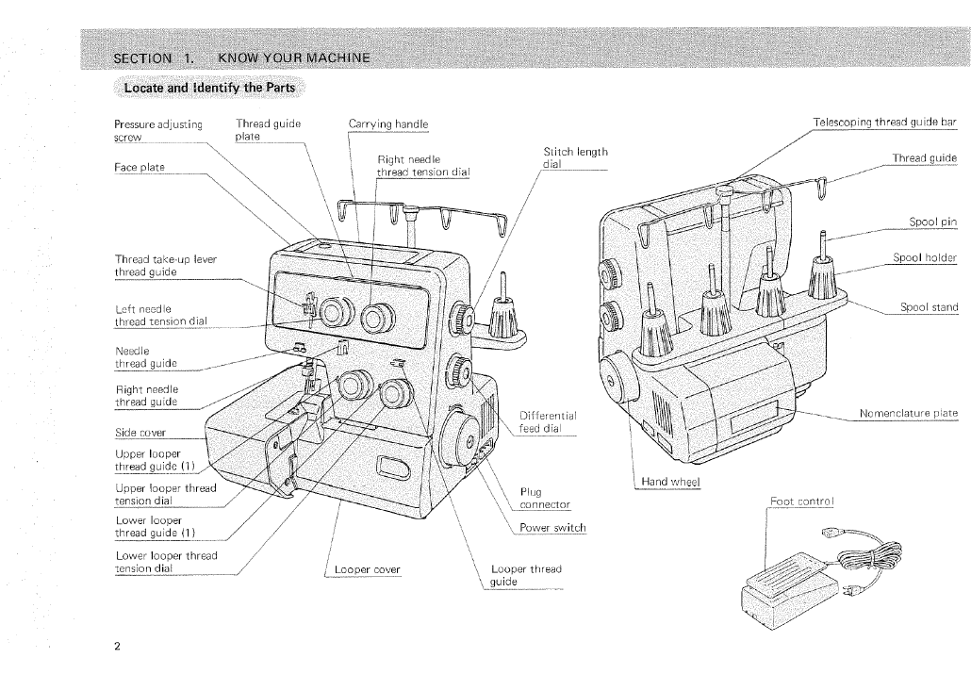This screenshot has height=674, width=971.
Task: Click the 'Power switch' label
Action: tap(552, 527)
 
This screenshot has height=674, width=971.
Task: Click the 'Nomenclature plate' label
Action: tap(908, 414)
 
